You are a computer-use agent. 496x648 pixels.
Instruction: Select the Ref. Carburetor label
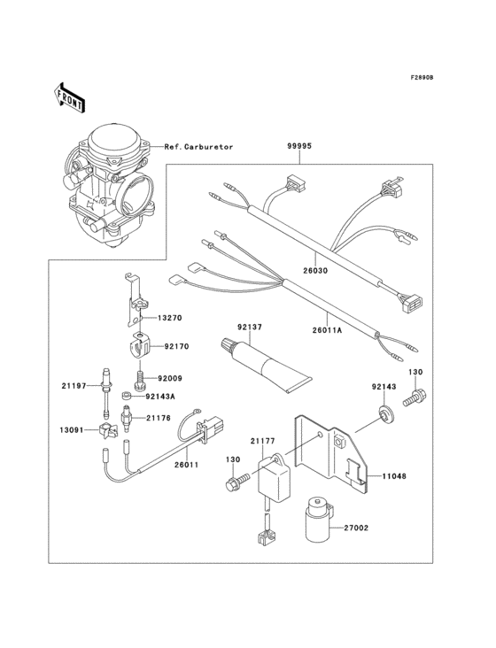coord(199,147)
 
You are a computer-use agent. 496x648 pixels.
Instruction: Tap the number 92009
coord(171,379)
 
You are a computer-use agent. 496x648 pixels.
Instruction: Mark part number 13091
coord(73,430)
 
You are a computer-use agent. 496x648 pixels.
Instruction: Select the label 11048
coord(395,475)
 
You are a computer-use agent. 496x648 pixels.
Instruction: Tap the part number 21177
coord(262,440)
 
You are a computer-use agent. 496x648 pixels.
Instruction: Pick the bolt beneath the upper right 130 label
coord(413,399)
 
